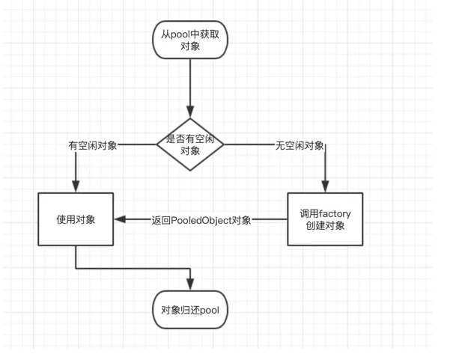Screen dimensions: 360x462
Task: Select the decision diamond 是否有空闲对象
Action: click(x=190, y=144)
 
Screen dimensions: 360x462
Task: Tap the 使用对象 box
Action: click(x=76, y=219)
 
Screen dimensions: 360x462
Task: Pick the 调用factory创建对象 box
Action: click(x=325, y=219)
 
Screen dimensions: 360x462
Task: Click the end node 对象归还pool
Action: click(x=189, y=311)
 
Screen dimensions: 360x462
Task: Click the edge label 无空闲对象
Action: click(x=300, y=145)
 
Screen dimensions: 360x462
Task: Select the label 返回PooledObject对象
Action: click(x=201, y=220)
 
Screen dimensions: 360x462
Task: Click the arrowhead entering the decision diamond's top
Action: click(x=190, y=112)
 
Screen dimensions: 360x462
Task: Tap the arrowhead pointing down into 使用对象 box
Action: click(x=76, y=188)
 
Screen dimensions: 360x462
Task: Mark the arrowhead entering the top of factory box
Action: click(x=325, y=188)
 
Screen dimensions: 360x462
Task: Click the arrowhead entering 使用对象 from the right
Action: click(x=120, y=220)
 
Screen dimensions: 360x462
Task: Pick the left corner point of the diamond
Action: click(x=156, y=144)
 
